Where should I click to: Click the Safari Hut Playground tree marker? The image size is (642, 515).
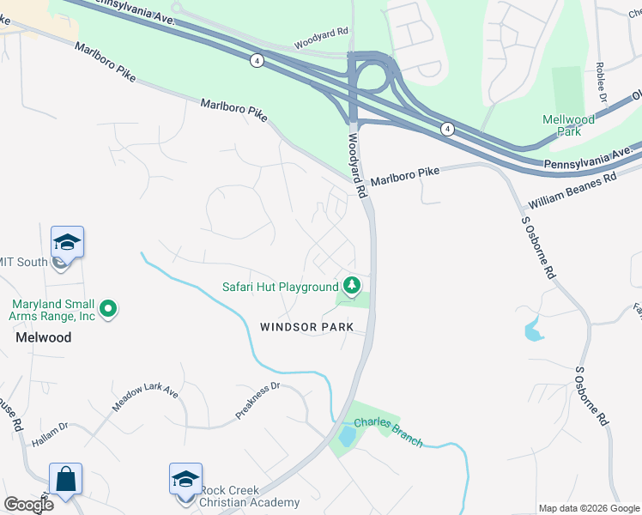tap(350, 285)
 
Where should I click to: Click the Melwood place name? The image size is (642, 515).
tap(44, 337)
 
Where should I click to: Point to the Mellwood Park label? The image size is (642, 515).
tap(568, 125)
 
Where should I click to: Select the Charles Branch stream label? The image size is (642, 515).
tap(389, 431)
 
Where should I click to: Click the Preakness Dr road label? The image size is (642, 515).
tap(258, 401)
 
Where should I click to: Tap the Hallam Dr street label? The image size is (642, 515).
tap(50, 434)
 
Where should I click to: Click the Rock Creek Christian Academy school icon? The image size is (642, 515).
tap(185, 479)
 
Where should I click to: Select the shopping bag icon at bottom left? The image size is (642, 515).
tap(65, 479)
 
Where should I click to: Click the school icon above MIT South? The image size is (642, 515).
tap(67, 242)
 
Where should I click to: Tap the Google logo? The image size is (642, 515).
tap(28, 505)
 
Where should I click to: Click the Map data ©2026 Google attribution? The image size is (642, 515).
tap(589, 508)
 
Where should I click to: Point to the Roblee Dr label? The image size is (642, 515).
tap(600, 82)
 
